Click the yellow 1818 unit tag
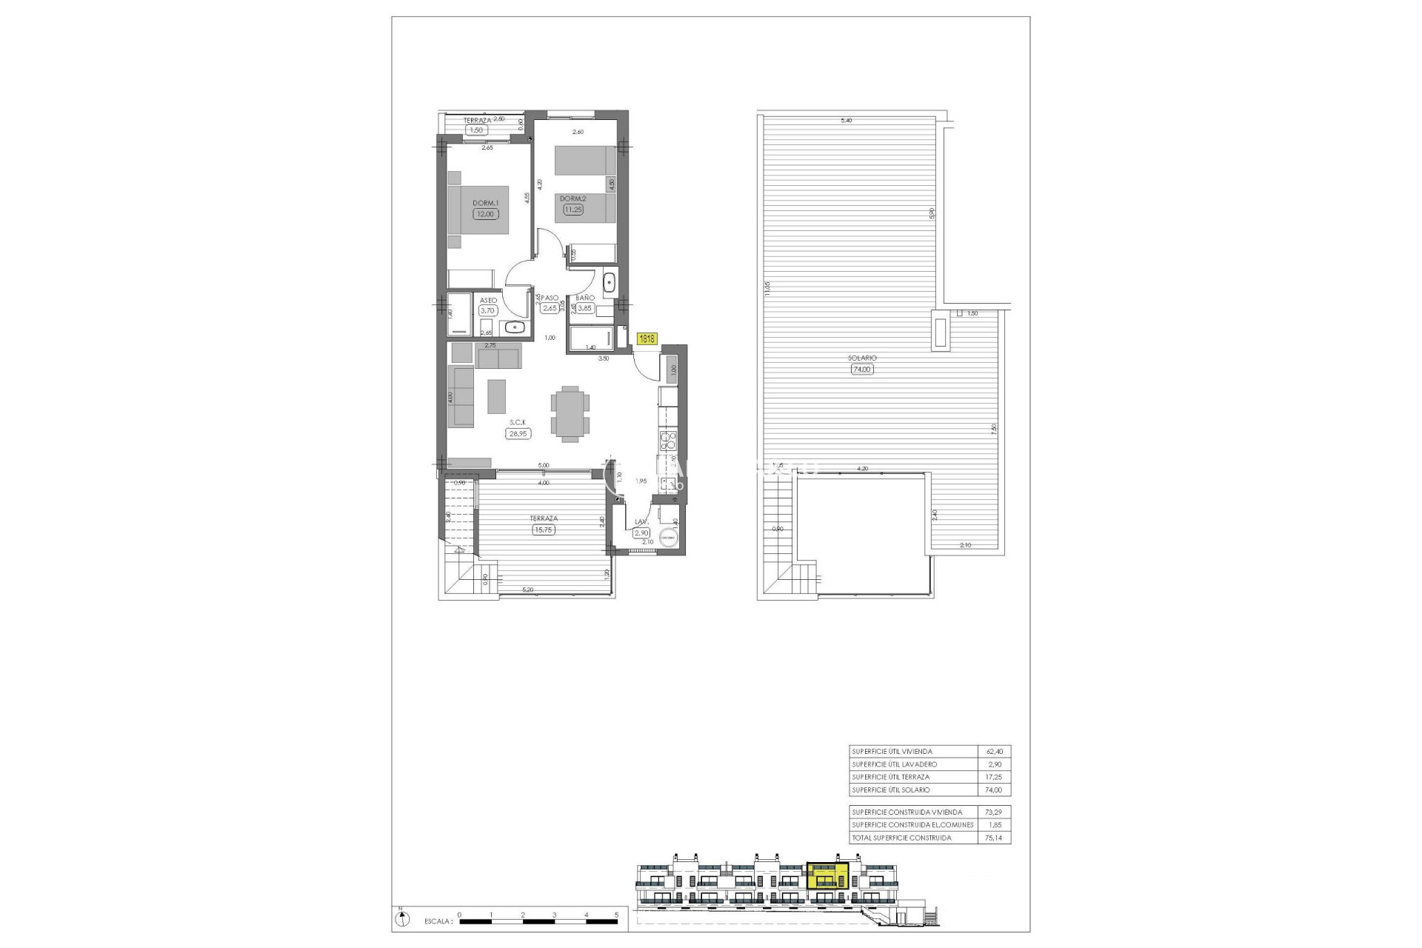tap(647, 338)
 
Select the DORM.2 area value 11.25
tap(573, 210)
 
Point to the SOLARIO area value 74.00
tap(862, 369)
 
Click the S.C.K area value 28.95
tap(518, 434)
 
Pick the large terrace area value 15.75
tap(543, 530)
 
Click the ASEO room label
tap(488, 300)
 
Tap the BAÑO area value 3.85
tap(584, 309)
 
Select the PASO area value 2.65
tap(549, 309)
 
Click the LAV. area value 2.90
tap(641, 533)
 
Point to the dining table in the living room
tap(570, 413)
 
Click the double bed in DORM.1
tap(478, 210)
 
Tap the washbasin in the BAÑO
tap(609, 282)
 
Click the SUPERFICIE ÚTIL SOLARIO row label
tap(890, 790)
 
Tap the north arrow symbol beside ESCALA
tap(401, 919)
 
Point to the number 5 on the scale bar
tap(617, 915)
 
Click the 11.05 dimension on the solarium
tap(768, 289)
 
